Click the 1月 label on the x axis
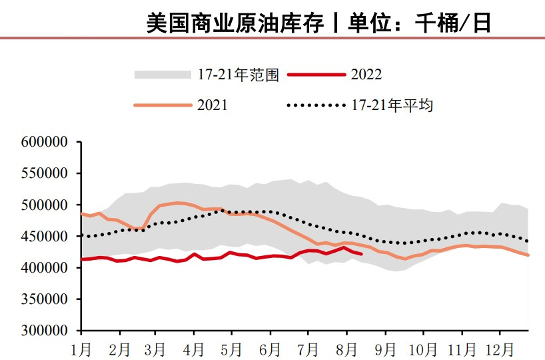click(82, 347)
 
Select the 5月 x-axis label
click(233, 347)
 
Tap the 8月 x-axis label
click(346, 347)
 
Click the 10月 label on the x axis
click(422, 347)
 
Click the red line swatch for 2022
click(316, 75)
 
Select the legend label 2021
click(213, 105)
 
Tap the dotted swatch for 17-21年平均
click(316, 105)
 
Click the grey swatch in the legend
click(163, 75)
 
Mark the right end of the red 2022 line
click(362, 254)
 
